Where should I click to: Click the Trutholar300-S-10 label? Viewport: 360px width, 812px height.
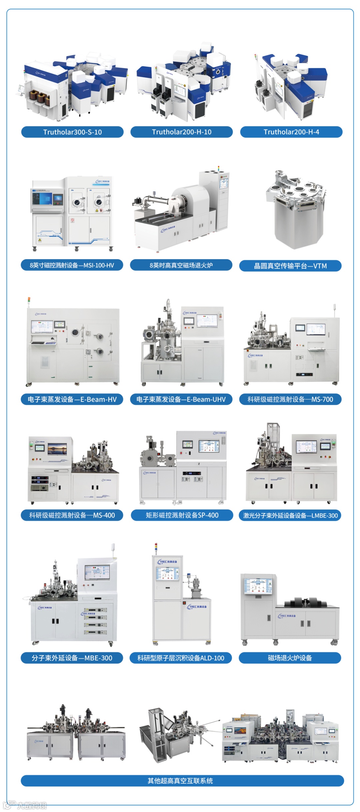(x=72, y=132)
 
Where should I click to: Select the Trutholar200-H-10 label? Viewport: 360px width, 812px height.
(x=181, y=132)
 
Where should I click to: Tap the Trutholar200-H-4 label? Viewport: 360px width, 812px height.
(x=291, y=132)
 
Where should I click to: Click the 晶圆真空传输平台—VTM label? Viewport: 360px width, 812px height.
(x=290, y=266)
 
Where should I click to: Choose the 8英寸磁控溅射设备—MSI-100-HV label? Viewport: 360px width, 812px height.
(x=72, y=265)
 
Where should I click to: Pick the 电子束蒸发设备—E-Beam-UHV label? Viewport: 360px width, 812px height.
(x=181, y=399)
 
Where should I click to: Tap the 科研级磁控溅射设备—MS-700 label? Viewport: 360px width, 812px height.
(x=290, y=399)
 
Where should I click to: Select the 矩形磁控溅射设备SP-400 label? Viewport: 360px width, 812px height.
(x=182, y=515)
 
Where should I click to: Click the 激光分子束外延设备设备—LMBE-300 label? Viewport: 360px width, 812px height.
(x=290, y=515)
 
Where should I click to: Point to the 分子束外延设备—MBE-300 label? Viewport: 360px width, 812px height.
(x=72, y=658)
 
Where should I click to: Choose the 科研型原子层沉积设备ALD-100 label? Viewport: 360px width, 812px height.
(x=181, y=658)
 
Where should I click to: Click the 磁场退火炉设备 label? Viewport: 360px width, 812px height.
(x=290, y=658)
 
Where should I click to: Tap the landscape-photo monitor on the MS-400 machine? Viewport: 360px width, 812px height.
(x=57, y=448)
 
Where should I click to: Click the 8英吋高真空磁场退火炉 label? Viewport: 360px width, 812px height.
(x=181, y=265)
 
